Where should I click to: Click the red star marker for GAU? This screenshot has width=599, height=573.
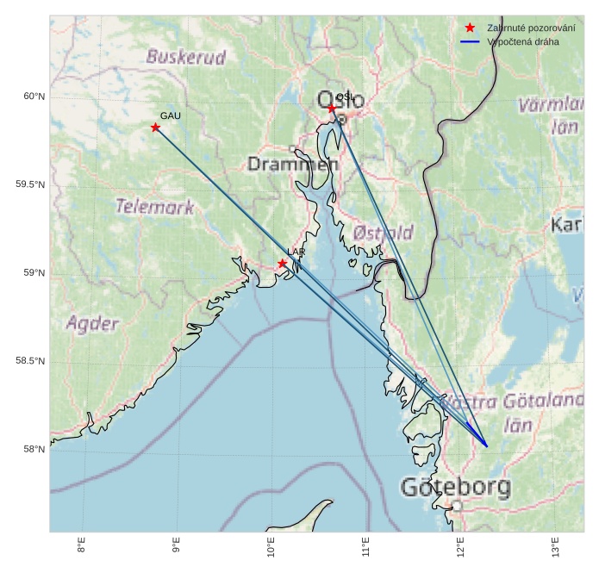[x=156, y=128]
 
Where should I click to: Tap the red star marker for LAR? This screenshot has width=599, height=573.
[x=283, y=263]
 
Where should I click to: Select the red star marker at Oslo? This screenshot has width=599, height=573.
[x=332, y=109]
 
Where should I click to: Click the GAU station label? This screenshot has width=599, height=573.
[x=171, y=115]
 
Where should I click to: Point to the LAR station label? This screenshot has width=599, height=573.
[x=296, y=252]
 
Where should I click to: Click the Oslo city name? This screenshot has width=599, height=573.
[x=340, y=101]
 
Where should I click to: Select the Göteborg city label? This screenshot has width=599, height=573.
[x=456, y=488]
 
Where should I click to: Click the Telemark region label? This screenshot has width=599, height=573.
[x=155, y=207]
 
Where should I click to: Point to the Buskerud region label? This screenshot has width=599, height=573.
[x=186, y=58]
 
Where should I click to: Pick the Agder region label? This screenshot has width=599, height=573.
[x=92, y=324]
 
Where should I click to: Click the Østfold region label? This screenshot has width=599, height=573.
[x=383, y=233]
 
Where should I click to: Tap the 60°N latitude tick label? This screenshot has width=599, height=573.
[x=34, y=97]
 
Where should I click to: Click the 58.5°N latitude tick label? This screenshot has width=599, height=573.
[x=30, y=361]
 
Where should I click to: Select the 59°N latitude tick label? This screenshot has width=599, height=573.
[x=34, y=273]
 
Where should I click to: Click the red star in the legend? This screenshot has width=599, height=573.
[x=470, y=28]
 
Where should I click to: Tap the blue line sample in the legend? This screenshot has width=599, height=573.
[x=470, y=41]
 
